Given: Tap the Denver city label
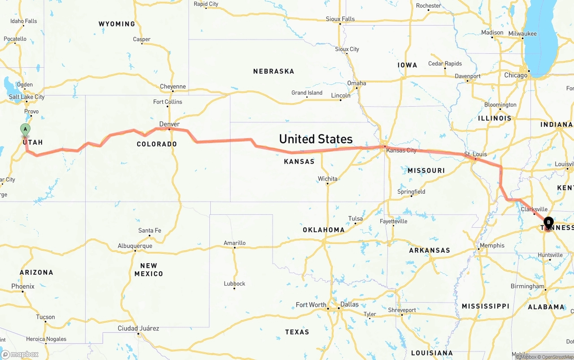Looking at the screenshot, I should (170, 124).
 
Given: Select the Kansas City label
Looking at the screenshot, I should (401, 150).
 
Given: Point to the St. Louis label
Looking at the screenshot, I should (475, 154).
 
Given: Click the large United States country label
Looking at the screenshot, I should (316, 139).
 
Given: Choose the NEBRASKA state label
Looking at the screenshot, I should (274, 71).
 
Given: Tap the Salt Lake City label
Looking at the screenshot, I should (27, 97).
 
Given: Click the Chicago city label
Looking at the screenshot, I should (516, 75).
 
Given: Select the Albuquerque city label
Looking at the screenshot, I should (135, 246).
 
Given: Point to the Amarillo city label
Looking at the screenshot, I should (235, 243).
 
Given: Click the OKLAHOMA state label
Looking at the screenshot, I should (324, 230).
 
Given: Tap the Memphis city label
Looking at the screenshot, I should (492, 245).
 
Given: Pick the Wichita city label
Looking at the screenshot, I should (327, 178).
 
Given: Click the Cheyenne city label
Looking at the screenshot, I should (173, 87).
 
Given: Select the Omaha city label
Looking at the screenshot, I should (357, 83).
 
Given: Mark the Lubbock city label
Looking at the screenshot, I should (235, 283).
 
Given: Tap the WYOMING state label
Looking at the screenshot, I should (117, 24).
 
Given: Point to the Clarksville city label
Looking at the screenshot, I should (534, 209).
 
